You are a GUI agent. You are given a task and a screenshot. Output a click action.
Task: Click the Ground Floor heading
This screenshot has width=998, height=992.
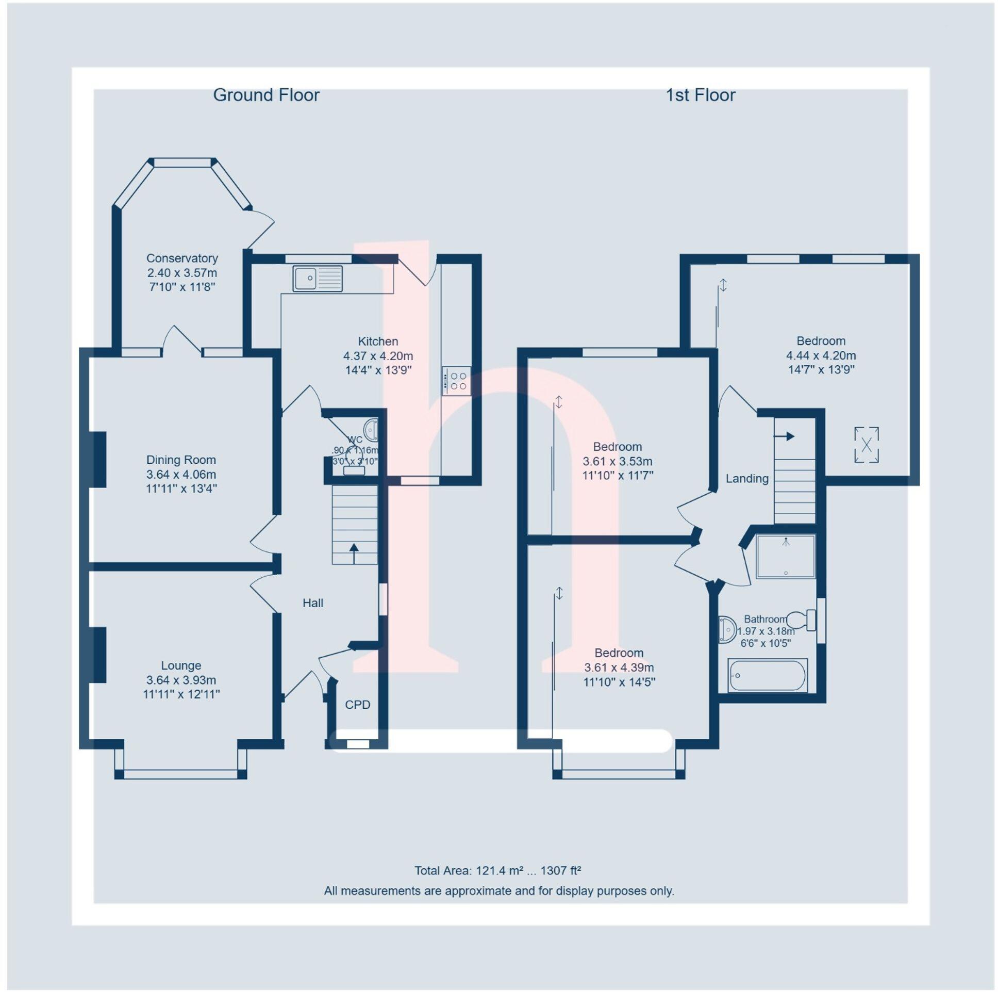(x=266, y=95)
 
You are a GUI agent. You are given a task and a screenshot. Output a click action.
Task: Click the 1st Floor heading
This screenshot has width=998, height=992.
(x=700, y=95)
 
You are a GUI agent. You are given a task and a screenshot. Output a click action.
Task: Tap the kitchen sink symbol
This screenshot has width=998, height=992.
(x=317, y=279)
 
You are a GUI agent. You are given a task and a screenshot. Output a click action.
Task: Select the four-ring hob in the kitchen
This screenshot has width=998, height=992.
(x=456, y=381)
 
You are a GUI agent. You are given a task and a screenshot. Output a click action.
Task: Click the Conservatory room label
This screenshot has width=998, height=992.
(x=182, y=258)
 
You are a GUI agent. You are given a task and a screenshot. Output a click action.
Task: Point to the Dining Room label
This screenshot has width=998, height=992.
(x=181, y=460)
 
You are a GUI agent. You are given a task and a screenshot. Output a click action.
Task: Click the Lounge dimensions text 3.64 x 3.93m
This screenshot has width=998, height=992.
(x=181, y=680)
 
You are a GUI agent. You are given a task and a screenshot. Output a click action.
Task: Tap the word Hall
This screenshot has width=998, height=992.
(x=312, y=603)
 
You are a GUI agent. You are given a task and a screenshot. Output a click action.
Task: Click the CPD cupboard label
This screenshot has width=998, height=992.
(x=357, y=705)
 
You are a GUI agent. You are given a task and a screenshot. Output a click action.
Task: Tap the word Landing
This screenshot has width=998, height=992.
(x=746, y=479)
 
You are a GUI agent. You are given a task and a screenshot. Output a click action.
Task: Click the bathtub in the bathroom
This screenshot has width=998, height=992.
(x=767, y=675)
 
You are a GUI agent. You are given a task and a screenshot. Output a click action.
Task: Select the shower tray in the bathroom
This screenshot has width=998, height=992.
(x=785, y=556)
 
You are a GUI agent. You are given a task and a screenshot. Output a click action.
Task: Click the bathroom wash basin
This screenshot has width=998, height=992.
(x=728, y=629)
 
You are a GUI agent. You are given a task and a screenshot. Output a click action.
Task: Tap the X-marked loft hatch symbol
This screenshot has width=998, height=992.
(x=866, y=445)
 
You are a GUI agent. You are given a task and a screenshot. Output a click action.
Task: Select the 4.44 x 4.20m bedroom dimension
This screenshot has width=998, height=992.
(x=820, y=355)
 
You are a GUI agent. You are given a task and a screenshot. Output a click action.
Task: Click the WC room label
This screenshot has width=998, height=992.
(x=355, y=440)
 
